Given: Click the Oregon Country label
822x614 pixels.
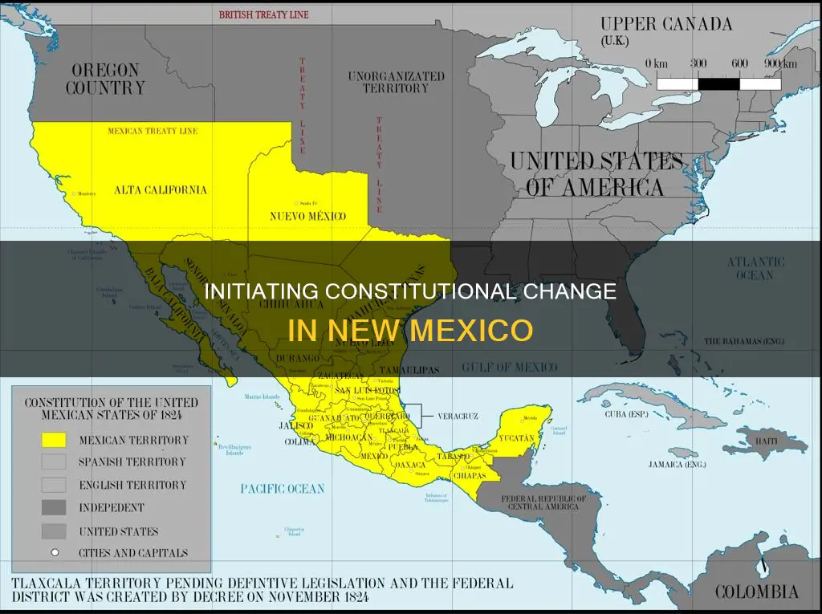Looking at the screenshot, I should [x=105, y=78].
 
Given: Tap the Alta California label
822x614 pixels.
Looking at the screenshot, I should [x=160, y=190].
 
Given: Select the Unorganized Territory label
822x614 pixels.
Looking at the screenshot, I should [x=396, y=82].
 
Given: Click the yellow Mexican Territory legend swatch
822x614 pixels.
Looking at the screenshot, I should [x=54, y=440].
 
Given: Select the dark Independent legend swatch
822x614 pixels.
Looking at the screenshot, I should [x=54, y=508].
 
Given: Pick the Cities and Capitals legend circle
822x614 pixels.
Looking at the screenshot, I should [x=54, y=553].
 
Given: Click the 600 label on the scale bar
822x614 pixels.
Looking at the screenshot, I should [x=739, y=64].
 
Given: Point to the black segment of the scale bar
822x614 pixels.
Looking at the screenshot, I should [x=718, y=83].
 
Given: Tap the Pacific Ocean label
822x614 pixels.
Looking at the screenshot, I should [x=283, y=488].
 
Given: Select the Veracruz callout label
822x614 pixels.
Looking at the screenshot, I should [x=458, y=417].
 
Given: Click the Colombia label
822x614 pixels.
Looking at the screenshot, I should [x=755, y=593].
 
